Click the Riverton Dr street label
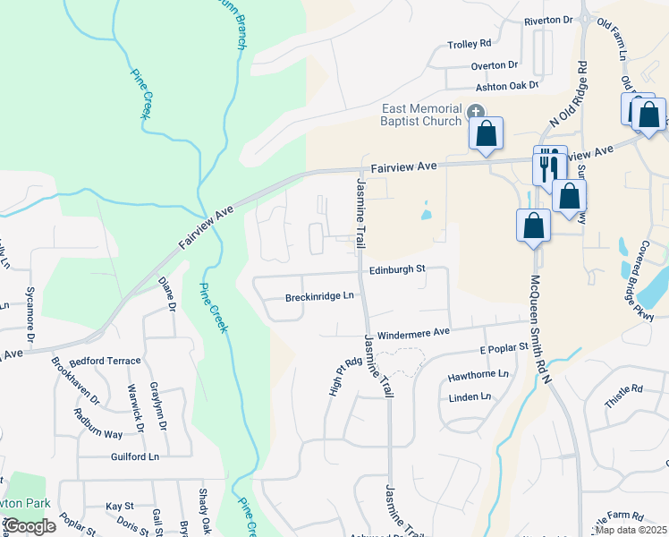(548, 20)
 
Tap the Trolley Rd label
(470, 43)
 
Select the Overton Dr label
(495, 64)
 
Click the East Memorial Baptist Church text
(420, 115)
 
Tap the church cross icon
(476, 111)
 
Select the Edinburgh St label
(396, 269)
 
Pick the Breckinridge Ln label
(320, 296)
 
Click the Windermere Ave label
(413, 332)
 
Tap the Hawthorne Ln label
(478, 373)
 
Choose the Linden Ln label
(472, 396)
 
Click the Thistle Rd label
(623, 395)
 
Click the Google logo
(30, 526)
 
